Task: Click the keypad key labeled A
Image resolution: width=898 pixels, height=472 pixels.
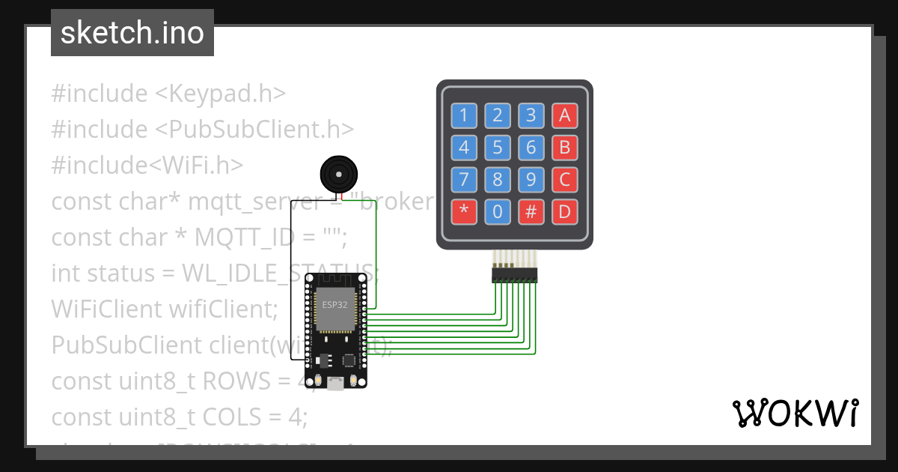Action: (x=564, y=115)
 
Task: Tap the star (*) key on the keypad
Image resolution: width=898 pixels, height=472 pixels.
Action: (x=463, y=212)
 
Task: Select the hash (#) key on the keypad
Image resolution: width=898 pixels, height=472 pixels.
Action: (x=531, y=212)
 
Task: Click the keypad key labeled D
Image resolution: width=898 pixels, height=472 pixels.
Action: (x=564, y=212)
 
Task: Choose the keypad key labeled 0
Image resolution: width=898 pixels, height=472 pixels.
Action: (x=497, y=212)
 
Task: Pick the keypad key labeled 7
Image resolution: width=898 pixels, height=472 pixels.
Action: (x=463, y=180)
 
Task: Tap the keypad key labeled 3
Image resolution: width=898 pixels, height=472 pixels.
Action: (x=531, y=115)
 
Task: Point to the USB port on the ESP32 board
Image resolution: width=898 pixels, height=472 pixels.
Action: (x=336, y=384)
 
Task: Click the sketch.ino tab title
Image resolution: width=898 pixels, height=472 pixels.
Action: (x=132, y=33)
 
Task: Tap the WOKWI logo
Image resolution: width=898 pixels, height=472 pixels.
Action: (x=795, y=413)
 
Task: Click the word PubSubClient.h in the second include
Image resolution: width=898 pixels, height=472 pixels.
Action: (x=254, y=130)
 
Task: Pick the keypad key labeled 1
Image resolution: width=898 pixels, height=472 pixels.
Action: (x=463, y=115)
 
